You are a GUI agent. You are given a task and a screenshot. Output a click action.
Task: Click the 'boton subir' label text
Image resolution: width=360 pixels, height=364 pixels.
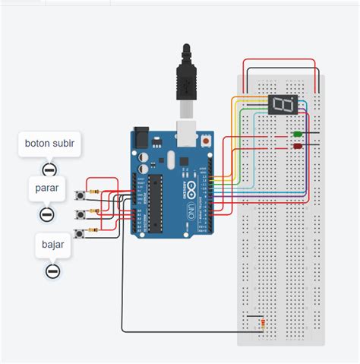(x=50, y=143)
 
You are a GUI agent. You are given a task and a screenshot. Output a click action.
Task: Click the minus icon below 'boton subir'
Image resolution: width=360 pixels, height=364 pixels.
(x=49, y=169)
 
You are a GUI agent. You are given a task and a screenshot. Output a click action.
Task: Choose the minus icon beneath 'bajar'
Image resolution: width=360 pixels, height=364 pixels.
(x=52, y=270)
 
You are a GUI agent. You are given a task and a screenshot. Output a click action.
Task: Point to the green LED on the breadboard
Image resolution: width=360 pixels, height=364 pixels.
(x=298, y=135)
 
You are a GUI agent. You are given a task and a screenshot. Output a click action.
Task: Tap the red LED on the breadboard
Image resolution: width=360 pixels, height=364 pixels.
(x=298, y=145)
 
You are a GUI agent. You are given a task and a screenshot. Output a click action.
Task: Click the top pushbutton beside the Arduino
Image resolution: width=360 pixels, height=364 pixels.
(x=81, y=197)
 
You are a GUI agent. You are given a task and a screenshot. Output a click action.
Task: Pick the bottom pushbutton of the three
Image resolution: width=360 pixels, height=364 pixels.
(x=81, y=231)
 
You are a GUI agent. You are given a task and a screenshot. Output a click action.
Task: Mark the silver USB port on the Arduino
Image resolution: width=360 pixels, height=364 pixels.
(x=185, y=130)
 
